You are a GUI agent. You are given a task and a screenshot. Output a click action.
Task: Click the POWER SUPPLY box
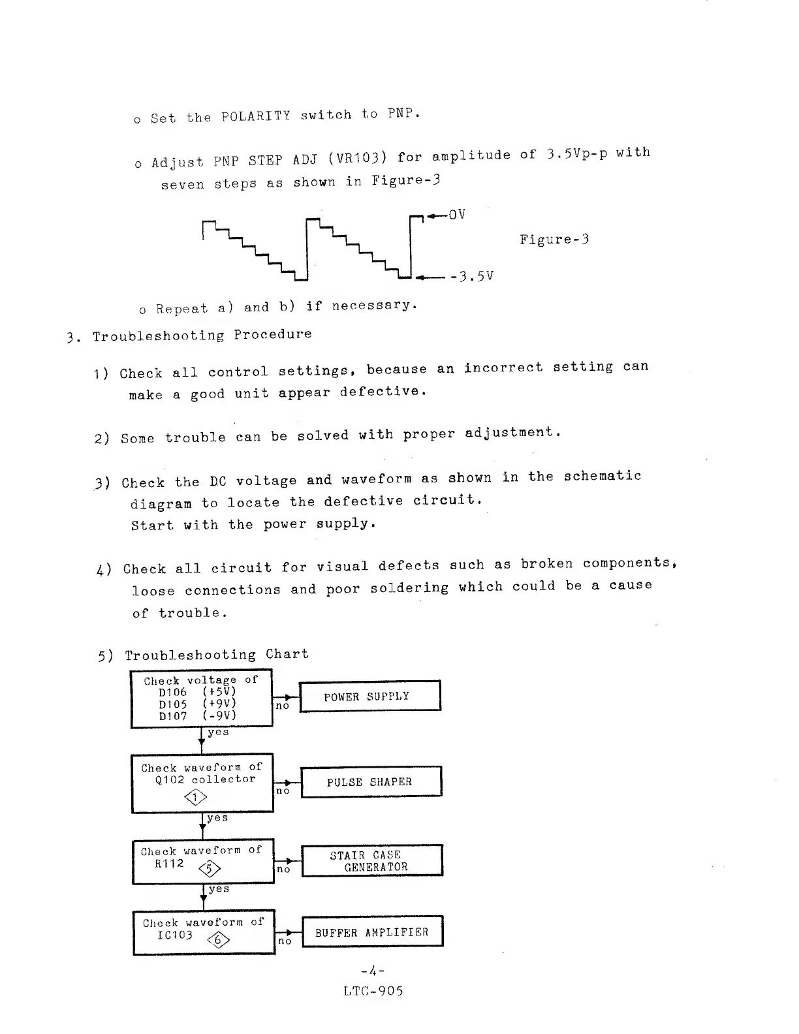pyautogui.click(x=370, y=696)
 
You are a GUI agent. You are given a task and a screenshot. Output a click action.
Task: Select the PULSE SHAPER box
pyautogui.click(x=371, y=781)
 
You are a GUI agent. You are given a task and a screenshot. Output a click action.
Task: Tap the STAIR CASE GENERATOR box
pyautogui.click(x=371, y=860)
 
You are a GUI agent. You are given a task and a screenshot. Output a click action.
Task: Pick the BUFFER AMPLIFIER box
pyautogui.click(x=372, y=932)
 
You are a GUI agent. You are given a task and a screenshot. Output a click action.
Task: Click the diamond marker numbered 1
pyautogui.click(x=196, y=797)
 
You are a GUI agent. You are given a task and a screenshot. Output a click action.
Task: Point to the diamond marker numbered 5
pyautogui.click(x=210, y=868)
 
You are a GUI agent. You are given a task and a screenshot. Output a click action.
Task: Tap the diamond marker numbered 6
pyautogui.click(x=219, y=939)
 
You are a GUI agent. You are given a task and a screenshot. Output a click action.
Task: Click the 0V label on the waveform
pyautogui.click(x=457, y=214)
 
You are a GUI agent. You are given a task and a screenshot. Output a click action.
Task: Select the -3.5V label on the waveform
pyautogui.click(x=471, y=276)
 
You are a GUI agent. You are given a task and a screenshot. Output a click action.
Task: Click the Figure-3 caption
pyautogui.click(x=554, y=240)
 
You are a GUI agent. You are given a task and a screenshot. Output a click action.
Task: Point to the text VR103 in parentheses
pyautogui.click(x=358, y=159)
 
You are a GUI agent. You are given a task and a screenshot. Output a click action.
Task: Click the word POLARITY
pyautogui.click(x=256, y=116)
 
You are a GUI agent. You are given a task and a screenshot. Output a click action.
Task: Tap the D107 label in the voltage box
pyautogui.click(x=173, y=715)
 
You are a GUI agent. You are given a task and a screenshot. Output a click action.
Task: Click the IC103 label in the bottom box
pyautogui.click(x=175, y=935)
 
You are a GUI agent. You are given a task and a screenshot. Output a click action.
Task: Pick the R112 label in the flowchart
pyautogui.click(x=169, y=863)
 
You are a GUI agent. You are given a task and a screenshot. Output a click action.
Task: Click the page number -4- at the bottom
pyautogui.click(x=373, y=971)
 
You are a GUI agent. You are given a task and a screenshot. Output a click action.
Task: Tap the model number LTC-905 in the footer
pyautogui.click(x=373, y=991)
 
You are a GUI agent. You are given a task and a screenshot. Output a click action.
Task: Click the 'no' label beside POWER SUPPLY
pyautogui.click(x=282, y=706)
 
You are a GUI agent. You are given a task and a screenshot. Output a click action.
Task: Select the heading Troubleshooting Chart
pyautogui.click(x=217, y=654)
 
